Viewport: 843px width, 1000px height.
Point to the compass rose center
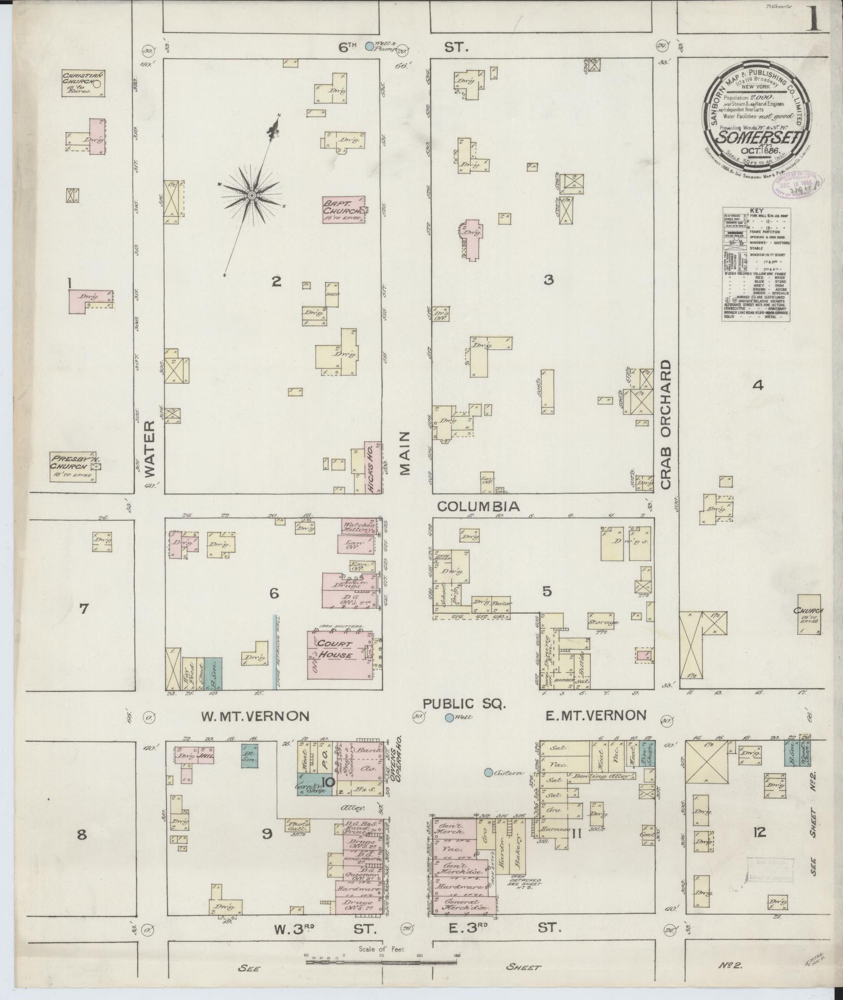251,195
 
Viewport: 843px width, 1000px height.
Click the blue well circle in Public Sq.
449,718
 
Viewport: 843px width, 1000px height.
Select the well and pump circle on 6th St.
369,46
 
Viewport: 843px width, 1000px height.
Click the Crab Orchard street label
665,424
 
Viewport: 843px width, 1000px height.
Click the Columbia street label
478,506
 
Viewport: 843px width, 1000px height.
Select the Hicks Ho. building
373,468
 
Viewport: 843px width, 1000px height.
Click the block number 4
757,386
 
